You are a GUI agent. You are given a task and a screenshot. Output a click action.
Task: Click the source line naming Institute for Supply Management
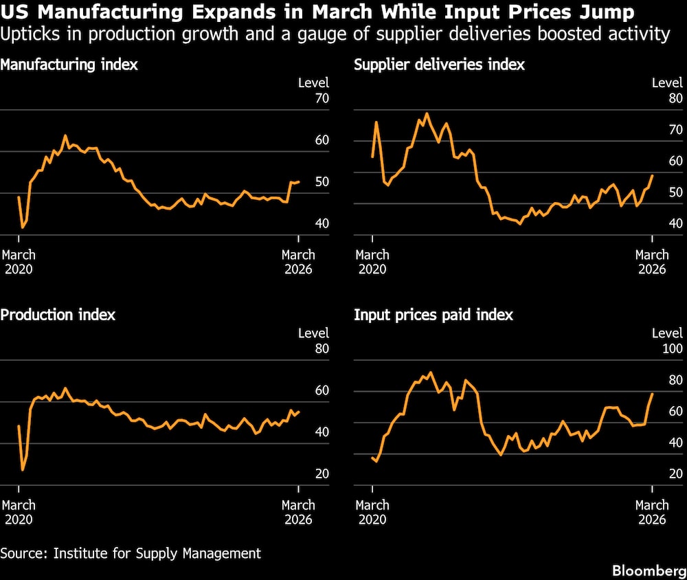point(131,553)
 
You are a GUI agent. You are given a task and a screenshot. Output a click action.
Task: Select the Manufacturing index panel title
point(69,65)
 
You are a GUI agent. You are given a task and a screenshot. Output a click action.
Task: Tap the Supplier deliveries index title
point(439,65)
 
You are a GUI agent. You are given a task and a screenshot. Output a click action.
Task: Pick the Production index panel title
point(58,315)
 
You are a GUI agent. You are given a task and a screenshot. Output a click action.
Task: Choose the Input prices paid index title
point(433,315)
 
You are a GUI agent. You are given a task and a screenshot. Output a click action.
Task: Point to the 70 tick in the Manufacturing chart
point(322,98)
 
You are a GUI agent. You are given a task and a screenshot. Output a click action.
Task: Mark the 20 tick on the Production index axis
point(322,473)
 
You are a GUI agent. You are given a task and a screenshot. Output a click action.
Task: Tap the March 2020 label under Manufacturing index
point(19,261)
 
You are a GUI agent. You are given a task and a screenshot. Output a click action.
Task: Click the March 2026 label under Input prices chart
point(651,511)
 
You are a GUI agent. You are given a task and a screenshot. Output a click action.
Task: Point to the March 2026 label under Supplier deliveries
point(651,261)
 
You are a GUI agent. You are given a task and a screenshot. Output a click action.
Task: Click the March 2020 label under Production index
point(19,511)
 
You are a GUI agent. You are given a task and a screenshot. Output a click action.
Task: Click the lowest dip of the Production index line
point(23,470)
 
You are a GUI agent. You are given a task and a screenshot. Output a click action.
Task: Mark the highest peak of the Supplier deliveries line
point(427,113)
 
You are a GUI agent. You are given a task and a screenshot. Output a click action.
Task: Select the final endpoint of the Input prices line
point(652,394)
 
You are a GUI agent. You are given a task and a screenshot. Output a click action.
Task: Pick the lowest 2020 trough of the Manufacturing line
point(23,227)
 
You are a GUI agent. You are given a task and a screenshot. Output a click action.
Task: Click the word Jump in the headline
point(609,13)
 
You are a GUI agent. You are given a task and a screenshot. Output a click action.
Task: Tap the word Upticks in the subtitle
point(26,34)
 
